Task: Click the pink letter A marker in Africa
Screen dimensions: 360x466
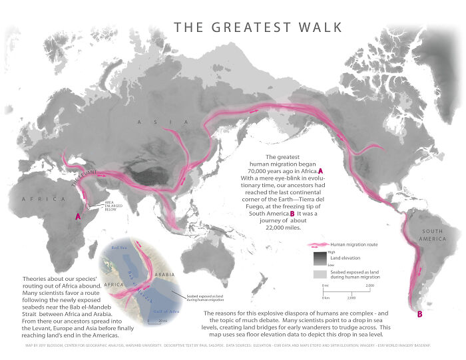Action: pyautogui.click(x=78, y=216)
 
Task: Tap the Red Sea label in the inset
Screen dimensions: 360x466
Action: pyautogui.click(x=119, y=248)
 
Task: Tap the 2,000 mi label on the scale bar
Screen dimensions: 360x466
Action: pyautogui.click(x=370, y=285)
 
